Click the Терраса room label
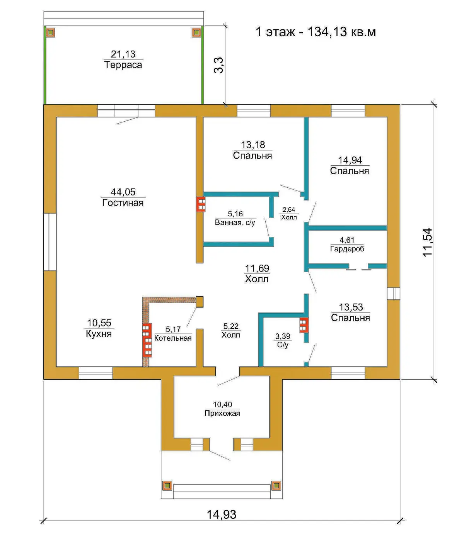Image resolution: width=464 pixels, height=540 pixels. coord(123,65)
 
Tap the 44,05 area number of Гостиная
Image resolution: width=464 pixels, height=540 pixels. coord(123,192)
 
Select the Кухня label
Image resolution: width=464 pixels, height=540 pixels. coord(99,334)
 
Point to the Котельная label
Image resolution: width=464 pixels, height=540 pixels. coord(173,338)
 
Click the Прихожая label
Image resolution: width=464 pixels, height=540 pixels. coord(222,413)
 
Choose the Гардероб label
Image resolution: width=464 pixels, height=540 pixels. coord(347,249)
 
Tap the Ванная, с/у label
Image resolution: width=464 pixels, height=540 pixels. coord(235,222)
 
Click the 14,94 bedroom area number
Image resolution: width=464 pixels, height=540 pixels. coord(350,160)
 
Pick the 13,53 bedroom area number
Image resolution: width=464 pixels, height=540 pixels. coord(351,307)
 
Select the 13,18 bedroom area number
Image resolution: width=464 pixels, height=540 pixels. coord(252,144)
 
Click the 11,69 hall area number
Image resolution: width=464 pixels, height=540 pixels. coord(257,268)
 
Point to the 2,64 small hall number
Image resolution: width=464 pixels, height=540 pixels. coord(289,209)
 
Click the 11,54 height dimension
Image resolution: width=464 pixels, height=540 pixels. coord(428,243)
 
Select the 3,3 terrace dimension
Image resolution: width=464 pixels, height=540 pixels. coord(219,65)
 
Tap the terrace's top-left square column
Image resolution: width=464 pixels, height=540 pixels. coord(51,33)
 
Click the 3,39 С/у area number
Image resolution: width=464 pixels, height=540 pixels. coord(283,336)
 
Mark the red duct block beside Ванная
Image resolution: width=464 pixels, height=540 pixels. coord(201,204)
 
